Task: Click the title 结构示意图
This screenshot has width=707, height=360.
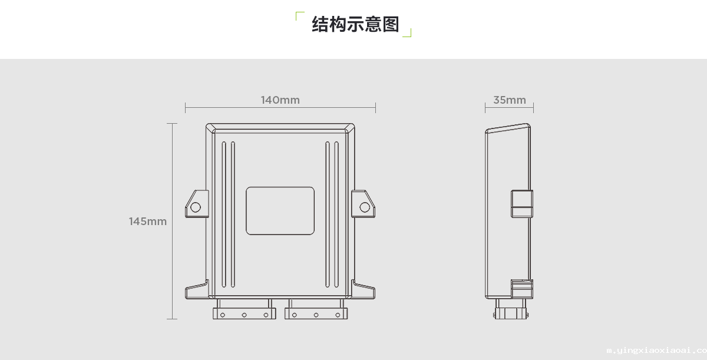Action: [355, 24]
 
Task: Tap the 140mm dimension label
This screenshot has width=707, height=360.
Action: [280, 100]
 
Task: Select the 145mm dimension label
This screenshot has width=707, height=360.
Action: [148, 222]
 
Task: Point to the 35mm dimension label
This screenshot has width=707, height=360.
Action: [510, 100]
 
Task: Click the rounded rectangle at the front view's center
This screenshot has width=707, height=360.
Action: [280, 210]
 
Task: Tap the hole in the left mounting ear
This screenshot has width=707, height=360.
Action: [195, 207]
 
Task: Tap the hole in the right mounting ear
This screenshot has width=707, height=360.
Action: [365, 207]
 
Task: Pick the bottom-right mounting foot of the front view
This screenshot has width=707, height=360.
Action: [365, 292]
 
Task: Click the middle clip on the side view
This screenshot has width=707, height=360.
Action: [521, 204]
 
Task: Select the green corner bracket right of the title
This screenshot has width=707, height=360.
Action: [408, 33]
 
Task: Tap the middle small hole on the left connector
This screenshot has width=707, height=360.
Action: [244, 315]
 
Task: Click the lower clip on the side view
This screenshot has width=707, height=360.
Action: [521, 289]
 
